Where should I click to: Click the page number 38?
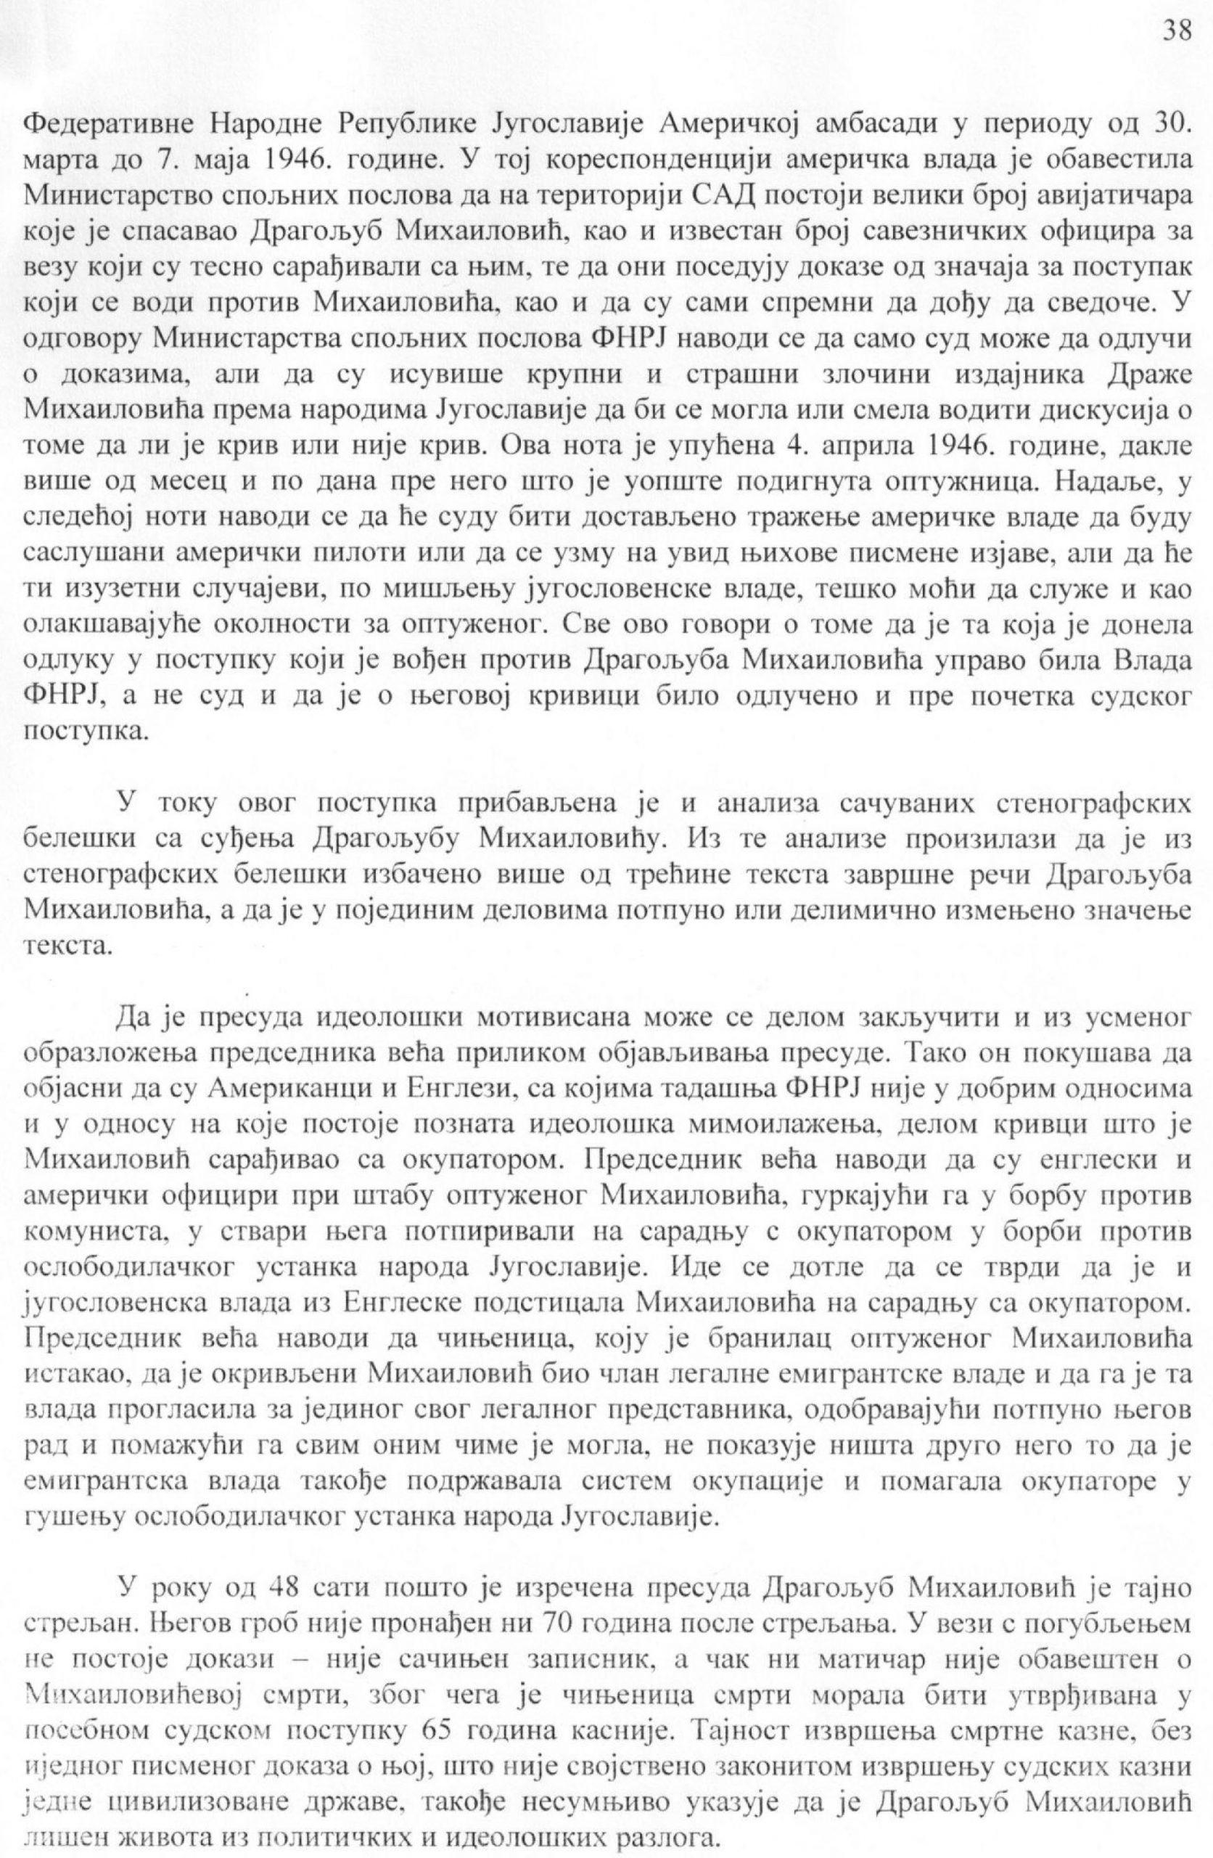[1176, 30]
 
